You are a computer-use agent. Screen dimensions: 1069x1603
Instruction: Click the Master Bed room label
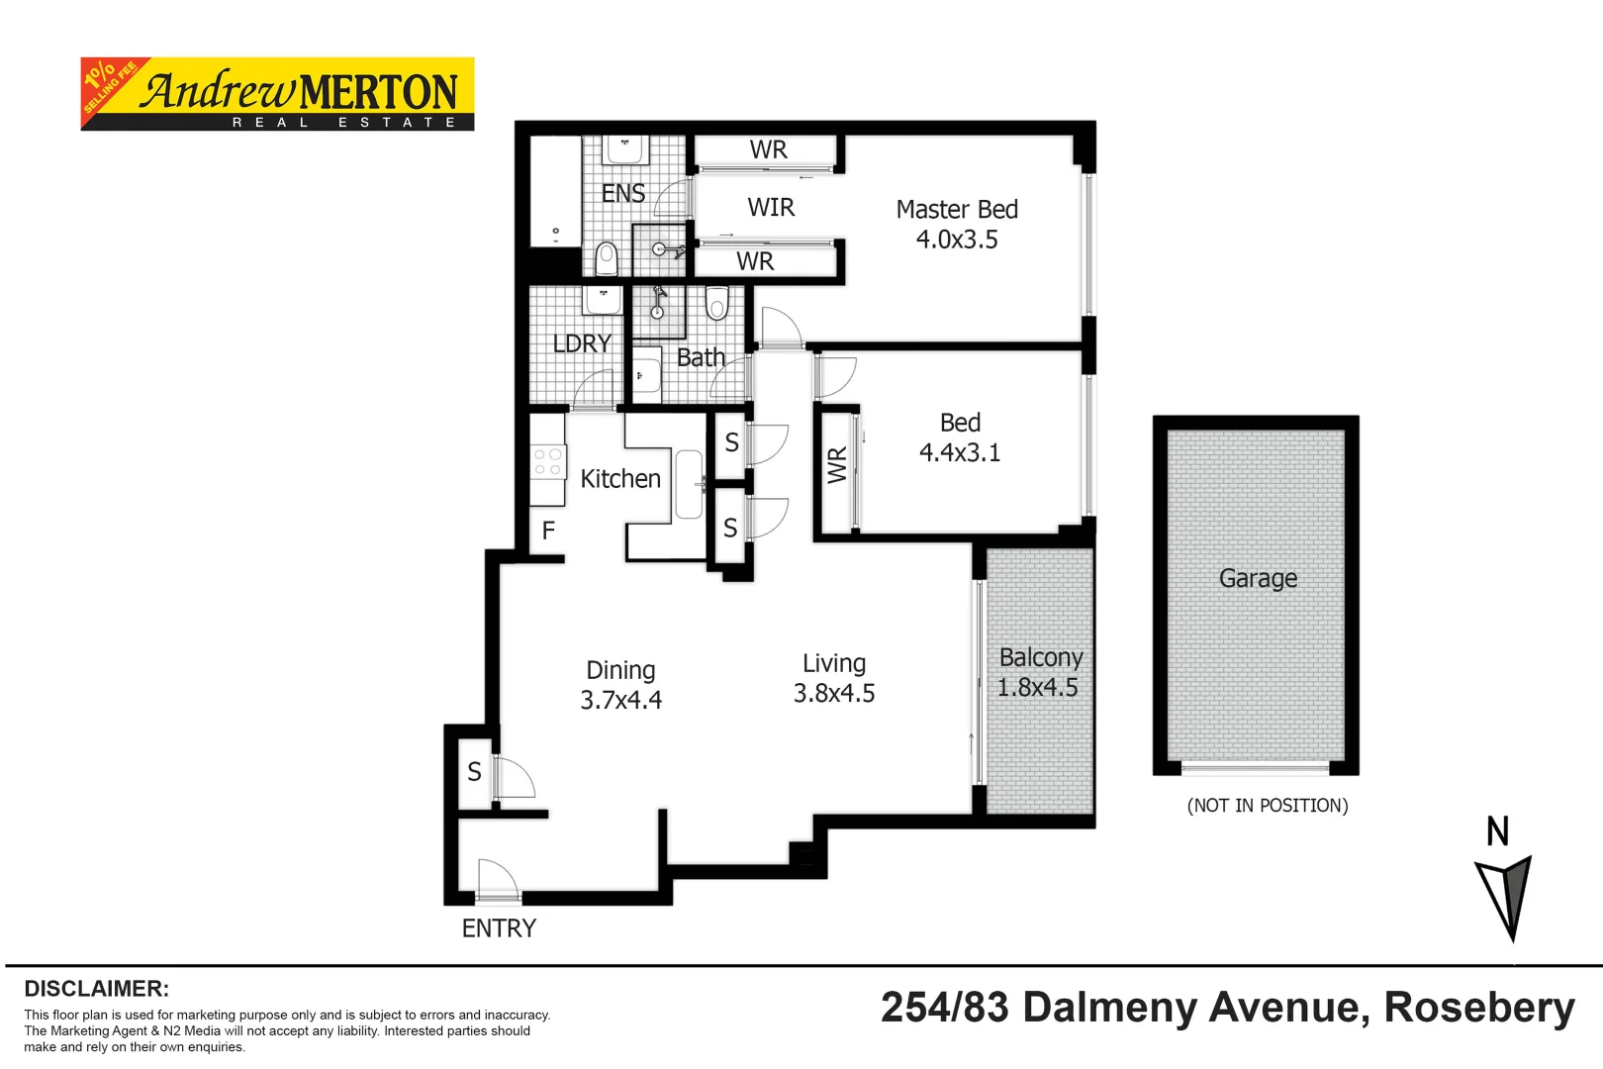(x=956, y=210)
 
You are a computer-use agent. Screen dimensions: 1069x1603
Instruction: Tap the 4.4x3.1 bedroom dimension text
(x=959, y=452)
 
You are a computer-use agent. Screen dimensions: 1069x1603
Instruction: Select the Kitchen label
(x=619, y=479)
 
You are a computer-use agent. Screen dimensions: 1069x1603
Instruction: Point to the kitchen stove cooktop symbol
(x=547, y=462)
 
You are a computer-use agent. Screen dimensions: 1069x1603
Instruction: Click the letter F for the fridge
(x=548, y=532)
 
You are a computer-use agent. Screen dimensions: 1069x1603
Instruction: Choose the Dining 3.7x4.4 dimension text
(x=620, y=700)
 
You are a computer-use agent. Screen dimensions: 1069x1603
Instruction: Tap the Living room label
(x=833, y=663)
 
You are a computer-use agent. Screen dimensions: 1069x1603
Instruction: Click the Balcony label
(x=1040, y=658)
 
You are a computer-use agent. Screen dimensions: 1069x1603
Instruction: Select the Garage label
(x=1257, y=578)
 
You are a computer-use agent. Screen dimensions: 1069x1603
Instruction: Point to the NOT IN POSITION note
(x=1267, y=806)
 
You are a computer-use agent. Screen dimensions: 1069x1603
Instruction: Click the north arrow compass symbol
(x=1505, y=896)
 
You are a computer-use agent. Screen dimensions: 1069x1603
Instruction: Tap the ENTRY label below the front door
(x=499, y=928)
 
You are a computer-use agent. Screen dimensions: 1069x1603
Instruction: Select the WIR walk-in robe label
(x=771, y=208)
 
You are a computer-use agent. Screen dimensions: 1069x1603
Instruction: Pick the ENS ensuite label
(x=622, y=194)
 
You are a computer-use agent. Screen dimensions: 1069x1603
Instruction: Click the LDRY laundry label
(x=581, y=343)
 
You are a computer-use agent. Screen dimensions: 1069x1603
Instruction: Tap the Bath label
(x=701, y=358)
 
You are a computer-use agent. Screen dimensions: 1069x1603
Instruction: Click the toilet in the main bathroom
(x=717, y=303)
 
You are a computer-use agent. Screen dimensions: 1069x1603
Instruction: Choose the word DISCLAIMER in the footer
(x=96, y=989)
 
